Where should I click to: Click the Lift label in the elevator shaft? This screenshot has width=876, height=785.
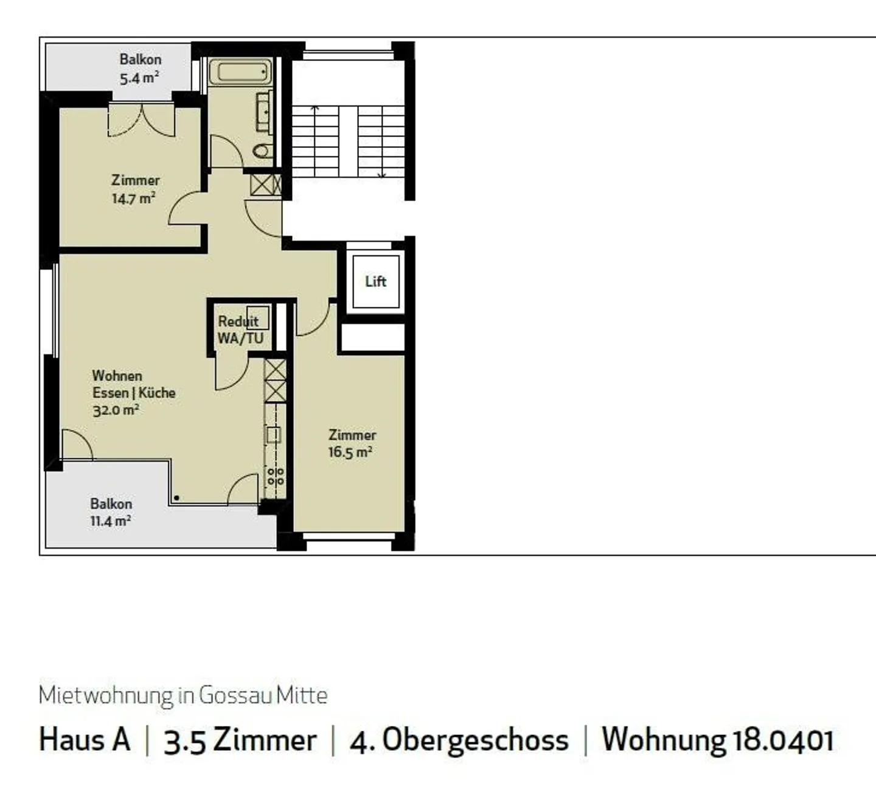(375, 281)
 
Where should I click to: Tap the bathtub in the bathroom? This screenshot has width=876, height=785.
(240, 72)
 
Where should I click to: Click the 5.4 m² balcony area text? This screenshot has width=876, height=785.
(139, 78)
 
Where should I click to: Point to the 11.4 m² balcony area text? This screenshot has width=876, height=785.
(110, 521)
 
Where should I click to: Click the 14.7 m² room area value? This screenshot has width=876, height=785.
(133, 198)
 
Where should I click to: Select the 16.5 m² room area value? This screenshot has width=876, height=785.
(350, 452)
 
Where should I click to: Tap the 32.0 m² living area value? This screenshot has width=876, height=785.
(116, 410)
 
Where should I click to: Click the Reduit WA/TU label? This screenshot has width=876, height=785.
(240, 330)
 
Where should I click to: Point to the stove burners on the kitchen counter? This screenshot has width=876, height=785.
(276, 476)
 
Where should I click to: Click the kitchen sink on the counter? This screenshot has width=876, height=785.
(274, 434)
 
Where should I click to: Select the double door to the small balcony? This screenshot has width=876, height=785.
(141, 120)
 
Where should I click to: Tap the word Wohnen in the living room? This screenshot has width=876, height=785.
(117, 376)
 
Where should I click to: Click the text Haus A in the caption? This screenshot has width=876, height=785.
(85, 740)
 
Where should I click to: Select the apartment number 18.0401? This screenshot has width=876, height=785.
(784, 740)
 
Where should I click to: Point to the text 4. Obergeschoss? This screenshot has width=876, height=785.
(459, 740)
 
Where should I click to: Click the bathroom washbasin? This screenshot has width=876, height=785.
(264, 112)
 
